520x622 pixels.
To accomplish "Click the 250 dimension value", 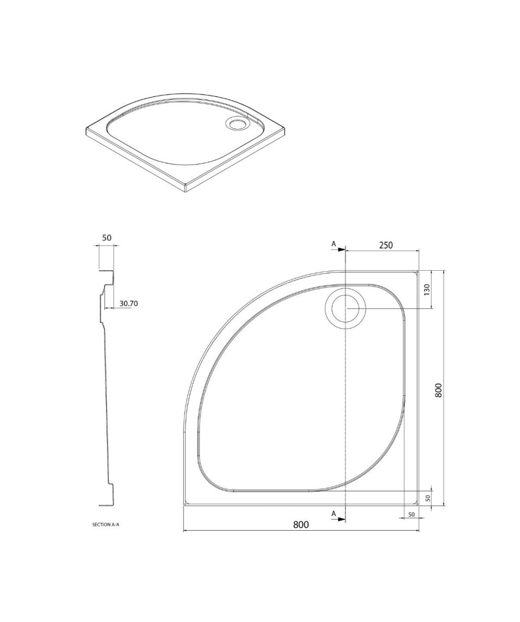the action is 386,245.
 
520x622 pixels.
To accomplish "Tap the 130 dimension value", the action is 427,290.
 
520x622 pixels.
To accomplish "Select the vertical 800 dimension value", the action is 439,390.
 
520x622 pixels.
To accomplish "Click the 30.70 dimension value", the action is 128,303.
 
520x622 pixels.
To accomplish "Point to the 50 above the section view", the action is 107,238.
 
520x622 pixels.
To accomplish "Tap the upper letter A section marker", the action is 333,244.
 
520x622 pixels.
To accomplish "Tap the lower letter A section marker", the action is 333,513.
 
